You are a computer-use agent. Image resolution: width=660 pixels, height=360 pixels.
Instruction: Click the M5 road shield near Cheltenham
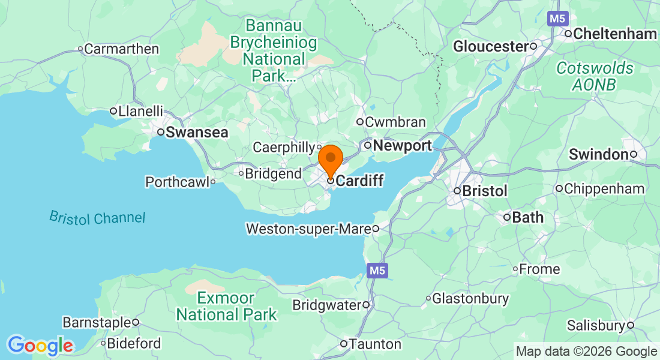pos(557,19)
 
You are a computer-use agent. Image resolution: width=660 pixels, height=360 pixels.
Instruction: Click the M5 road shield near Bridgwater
pos(377,271)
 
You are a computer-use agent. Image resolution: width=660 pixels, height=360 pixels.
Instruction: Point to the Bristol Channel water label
pos(97,218)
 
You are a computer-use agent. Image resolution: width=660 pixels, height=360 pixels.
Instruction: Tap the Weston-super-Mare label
pos(308,229)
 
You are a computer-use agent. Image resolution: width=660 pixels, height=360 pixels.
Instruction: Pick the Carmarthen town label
pos(121,49)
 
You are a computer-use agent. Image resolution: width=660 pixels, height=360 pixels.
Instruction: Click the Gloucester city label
pos(490,46)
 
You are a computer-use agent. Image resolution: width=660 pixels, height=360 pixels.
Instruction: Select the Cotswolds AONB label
pos(594,76)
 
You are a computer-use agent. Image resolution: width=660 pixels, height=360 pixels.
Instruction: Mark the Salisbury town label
pos(596,326)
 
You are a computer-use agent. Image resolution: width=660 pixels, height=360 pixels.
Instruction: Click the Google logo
pos(40,346)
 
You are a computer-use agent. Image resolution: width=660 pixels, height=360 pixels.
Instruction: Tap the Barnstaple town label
pos(96,323)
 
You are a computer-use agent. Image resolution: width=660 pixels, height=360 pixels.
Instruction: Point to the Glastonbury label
pos(470,298)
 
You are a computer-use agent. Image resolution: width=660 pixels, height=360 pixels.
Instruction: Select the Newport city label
pos(402,146)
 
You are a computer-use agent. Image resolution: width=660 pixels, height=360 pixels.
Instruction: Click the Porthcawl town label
pos(176,182)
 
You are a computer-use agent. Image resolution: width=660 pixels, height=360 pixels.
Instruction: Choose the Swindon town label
pos(598,155)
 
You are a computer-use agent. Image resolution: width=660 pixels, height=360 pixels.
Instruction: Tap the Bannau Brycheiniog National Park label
pos(274,51)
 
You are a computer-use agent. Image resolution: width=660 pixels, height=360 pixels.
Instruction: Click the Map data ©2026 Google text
pos(586,352)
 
